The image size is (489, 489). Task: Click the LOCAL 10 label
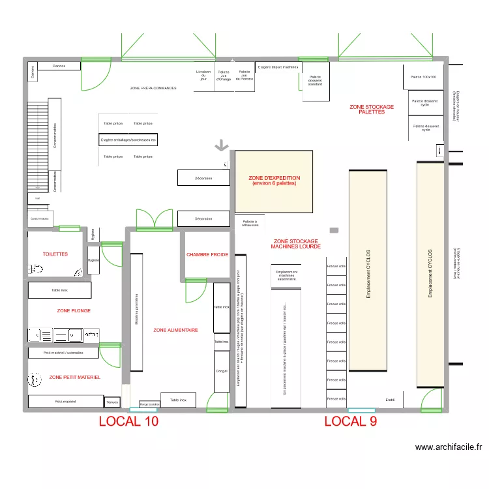click(128, 421)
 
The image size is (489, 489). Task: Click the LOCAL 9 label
click(351, 421)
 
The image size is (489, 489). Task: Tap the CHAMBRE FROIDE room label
click(207, 255)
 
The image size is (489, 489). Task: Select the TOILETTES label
click(55, 254)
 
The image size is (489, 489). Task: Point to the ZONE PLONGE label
click(74, 311)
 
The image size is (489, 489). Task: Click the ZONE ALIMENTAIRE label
click(175, 331)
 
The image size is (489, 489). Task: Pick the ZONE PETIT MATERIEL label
click(75, 377)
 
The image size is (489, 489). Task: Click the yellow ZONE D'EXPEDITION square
click(274, 181)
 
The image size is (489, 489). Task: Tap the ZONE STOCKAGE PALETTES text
click(372, 110)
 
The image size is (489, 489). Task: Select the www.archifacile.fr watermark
click(449, 447)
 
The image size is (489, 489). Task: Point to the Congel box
click(222, 371)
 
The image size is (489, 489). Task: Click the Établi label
click(391, 399)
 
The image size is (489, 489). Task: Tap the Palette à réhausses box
click(250, 223)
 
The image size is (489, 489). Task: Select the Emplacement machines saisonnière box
click(286, 275)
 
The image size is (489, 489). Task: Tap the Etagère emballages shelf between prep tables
click(128, 140)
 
